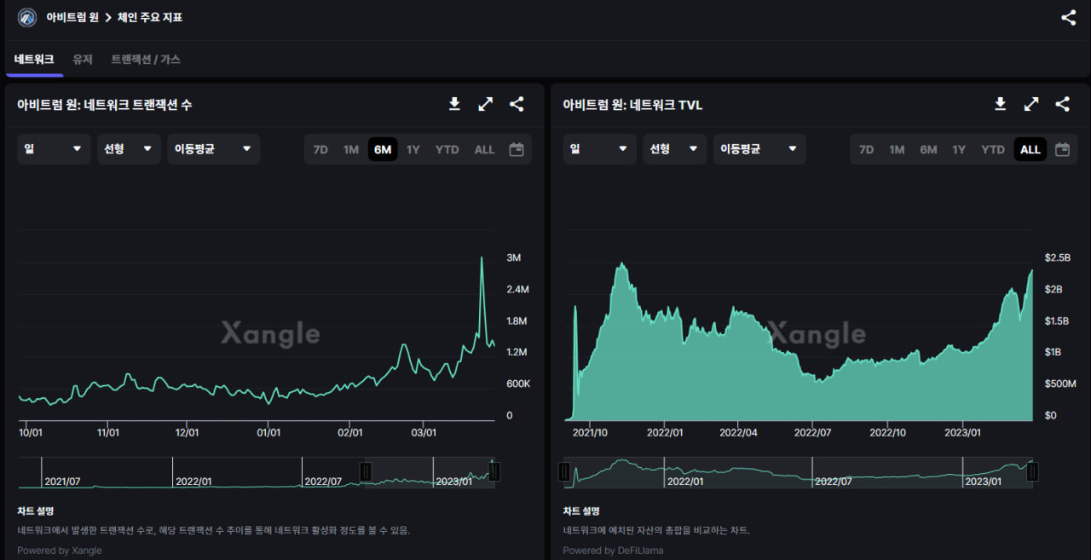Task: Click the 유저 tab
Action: pos(82,59)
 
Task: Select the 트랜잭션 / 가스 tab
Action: pos(146,59)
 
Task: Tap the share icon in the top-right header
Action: pos(1068,17)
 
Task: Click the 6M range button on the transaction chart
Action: pos(383,149)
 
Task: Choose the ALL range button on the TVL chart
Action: pos(1030,149)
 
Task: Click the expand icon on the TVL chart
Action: pos(1031,104)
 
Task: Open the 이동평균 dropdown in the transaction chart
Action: pos(214,148)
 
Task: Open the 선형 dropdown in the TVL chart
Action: pos(674,148)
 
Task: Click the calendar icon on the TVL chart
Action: pos(1062,149)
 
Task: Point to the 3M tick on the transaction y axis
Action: pos(514,257)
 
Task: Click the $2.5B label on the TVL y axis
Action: pos(1058,257)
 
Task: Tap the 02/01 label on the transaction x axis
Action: pos(349,432)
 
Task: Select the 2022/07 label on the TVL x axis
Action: pos(811,432)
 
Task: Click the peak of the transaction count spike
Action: pos(482,257)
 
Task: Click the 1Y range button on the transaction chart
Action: pos(413,149)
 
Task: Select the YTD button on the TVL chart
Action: pos(993,149)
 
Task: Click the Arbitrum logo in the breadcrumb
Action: pos(27,17)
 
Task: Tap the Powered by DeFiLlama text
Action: pos(613,550)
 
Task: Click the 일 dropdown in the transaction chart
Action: pos(54,148)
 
